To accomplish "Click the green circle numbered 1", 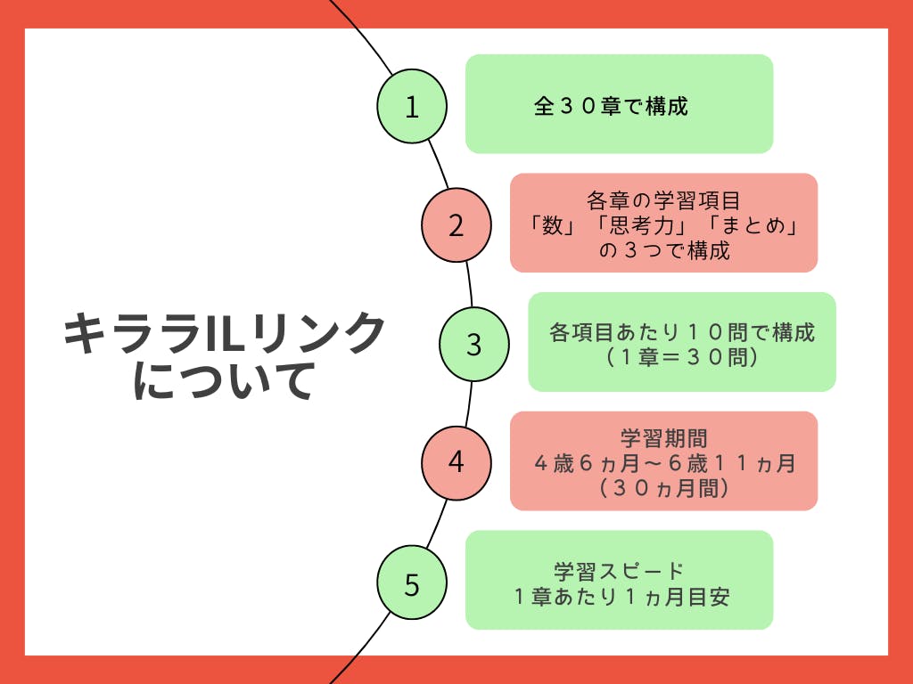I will point(411,106).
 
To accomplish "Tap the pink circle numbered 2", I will point(456,224).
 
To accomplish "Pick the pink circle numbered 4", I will point(456,462).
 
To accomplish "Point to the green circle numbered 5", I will point(411,584).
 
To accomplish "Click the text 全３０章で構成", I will point(611,107).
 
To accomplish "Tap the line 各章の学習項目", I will point(664,199).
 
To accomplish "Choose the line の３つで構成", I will point(664,251).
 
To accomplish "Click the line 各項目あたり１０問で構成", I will point(682,333).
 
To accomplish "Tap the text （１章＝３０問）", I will point(682,358).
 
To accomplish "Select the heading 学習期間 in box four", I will point(664,438).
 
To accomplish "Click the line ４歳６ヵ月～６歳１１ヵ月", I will point(664,463).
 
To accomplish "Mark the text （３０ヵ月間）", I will point(664,488).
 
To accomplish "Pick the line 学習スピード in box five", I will point(619,571).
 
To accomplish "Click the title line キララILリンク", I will point(224,335).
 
